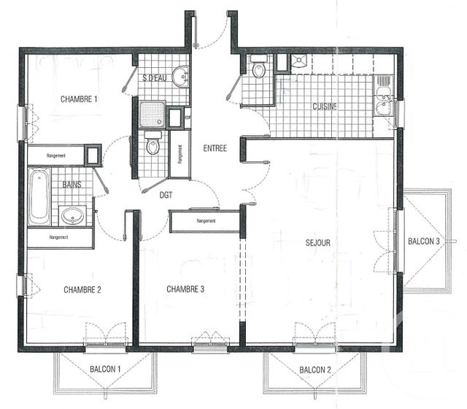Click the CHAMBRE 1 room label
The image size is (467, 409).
79,99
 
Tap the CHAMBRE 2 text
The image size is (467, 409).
82,290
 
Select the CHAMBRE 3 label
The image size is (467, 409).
185,289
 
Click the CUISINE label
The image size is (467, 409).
325,107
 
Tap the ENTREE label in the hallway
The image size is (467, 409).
215,148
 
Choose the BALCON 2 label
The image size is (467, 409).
314,370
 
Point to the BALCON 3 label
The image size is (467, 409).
423,242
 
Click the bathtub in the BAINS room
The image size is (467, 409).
39,196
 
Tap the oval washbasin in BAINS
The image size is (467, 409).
72,215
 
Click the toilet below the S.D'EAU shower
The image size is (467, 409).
153,145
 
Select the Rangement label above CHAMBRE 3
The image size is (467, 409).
205,221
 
